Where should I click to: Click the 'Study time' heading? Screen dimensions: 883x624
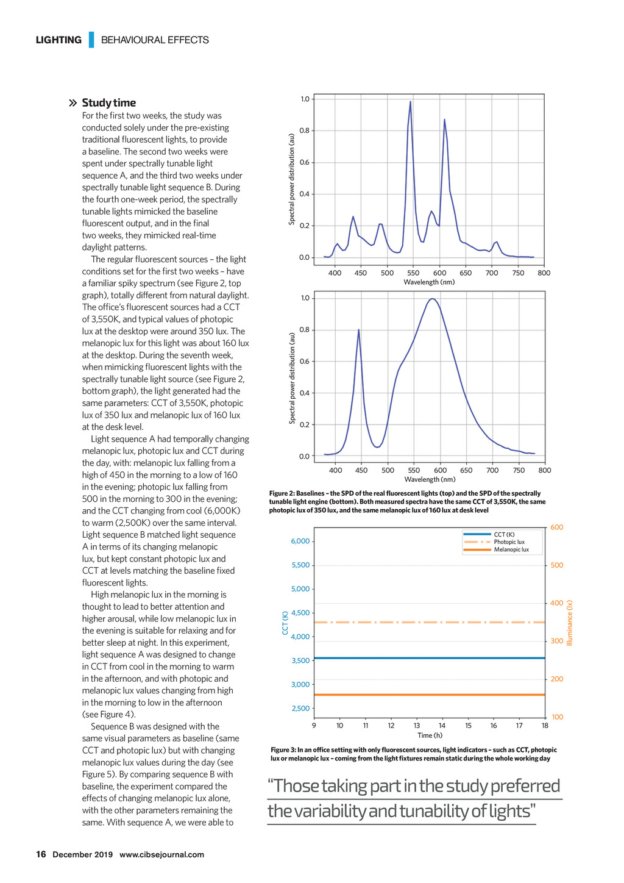coord(108,102)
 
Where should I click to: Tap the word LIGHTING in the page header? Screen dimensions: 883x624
coord(58,40)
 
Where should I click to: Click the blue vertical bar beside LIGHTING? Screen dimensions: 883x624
coord(91,40)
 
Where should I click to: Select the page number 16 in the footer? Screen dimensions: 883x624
coord(41,854)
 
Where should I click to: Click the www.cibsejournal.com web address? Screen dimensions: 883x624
coord(161,854)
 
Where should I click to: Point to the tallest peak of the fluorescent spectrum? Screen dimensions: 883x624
coord(410,102)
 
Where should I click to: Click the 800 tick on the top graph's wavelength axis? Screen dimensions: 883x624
coord(544,273)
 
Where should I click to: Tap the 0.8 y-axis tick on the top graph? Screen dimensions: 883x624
coord(305,130)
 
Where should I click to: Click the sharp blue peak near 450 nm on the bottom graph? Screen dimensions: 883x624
coord(358,330)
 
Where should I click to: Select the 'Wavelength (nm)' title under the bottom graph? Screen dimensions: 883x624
coord(430,479)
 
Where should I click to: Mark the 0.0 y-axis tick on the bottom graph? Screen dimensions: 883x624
coord(305,456)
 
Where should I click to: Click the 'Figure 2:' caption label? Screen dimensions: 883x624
coord(282,493)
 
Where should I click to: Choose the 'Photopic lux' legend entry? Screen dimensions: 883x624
coord(509,542)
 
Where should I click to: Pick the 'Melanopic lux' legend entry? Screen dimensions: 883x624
coord(511,549)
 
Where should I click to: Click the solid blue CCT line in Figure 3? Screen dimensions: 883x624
coord(427,658)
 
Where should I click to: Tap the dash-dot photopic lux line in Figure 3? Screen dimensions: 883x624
coord(427,622)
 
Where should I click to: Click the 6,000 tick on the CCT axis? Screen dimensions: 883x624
coord(300,541)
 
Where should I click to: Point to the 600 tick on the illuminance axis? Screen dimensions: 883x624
coord(556,527)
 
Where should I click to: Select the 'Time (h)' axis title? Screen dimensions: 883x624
coord(430,735)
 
